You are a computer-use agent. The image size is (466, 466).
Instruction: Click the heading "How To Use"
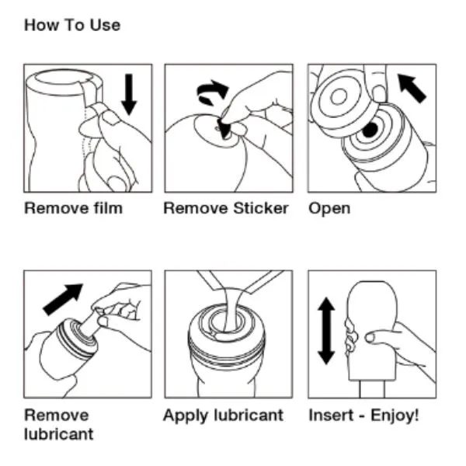coord(72,26)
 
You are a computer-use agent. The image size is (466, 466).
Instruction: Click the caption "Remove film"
coord(74,208)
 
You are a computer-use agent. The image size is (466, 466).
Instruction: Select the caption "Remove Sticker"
coord(226,208)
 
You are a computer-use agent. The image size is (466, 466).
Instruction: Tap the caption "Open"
coord(329,209)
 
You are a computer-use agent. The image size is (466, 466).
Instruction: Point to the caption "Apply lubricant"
coord(223,416)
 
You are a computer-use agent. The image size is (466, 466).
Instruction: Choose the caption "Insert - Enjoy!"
coord(363,415)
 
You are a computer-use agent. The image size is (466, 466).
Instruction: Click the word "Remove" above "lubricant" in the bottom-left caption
coord(57,415)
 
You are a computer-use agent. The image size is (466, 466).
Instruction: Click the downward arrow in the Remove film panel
coord(129,95)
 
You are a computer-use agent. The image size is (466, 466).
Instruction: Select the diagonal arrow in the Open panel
coord(412,89)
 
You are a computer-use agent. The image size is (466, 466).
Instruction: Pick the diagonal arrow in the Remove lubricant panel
coord(63,299)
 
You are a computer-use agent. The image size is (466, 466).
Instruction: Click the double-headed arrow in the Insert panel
coord(326,331)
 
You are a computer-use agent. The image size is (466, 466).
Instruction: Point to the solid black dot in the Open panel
coord(370,130)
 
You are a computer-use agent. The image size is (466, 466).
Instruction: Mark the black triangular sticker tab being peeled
coord(224,129)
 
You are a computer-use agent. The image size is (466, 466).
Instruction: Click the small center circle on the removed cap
coord(339,97)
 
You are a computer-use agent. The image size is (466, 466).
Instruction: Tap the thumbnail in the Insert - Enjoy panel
coord(370,337)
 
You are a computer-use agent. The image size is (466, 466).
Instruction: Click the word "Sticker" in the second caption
coord(261,208)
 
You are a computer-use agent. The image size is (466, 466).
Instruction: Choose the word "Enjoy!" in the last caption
coord(395,415)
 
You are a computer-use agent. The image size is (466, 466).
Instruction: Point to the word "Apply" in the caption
coord(186,416)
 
